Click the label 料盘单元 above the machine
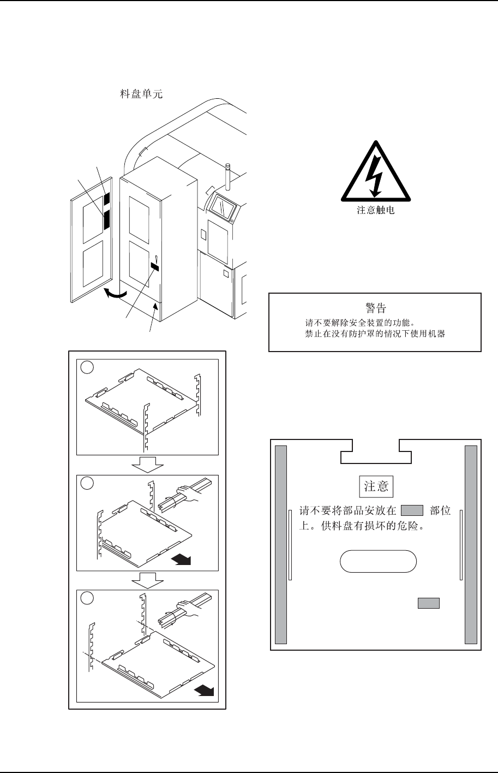(x=141, y=94)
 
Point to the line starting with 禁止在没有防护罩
(x=375, y=333)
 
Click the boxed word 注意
(x=376, y=486)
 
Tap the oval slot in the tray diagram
(x=378, y=561)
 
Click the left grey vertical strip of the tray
(x=281, y=544)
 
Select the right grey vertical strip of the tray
(x=470, y=544)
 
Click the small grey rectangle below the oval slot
(x=429, y=603)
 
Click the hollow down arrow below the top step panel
(x=148, y=465)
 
